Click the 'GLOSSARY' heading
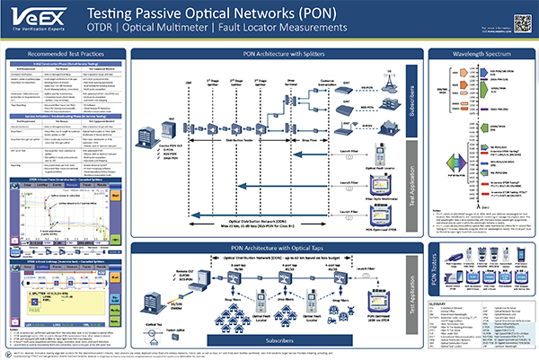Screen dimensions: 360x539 [x=446, y=304]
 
